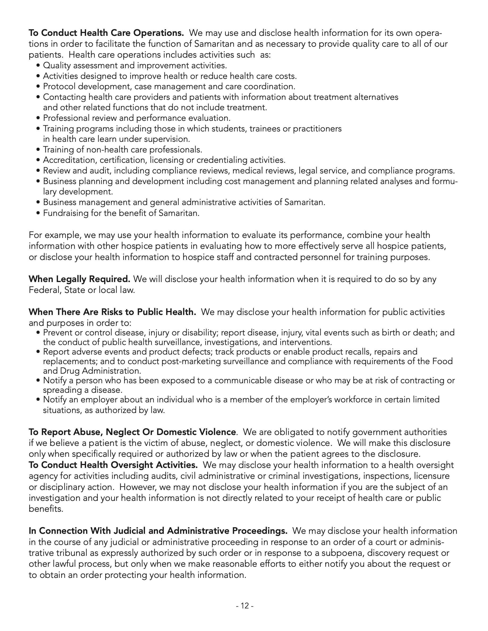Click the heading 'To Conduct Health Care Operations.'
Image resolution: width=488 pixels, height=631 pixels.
point(106,33)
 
